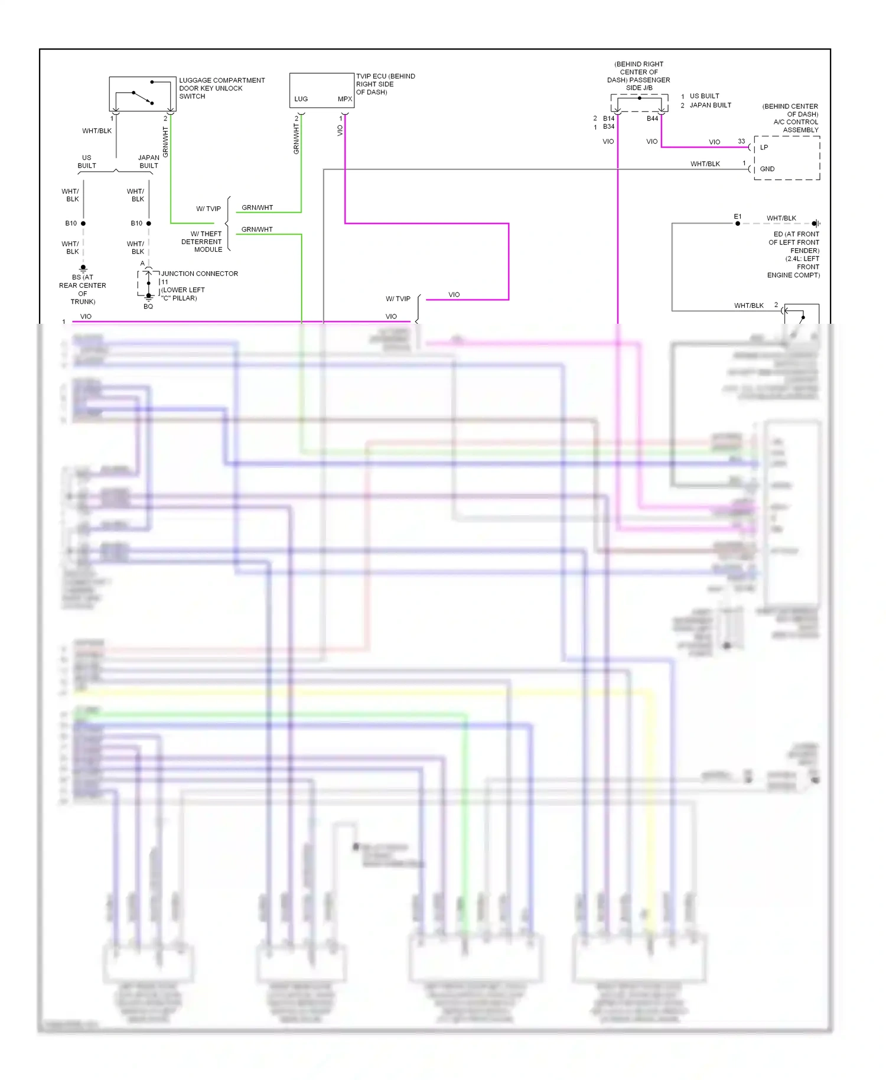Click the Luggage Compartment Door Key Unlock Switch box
point(142,93)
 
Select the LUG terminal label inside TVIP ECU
point(301,99)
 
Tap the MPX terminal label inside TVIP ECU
point(344,99)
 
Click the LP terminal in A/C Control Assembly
point(764,148)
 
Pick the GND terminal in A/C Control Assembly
point(767,169)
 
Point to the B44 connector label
point(652,119)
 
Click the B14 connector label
point(608,119)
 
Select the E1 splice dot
point(737,223)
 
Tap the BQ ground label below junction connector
point(148,307)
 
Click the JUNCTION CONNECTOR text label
point(199,274)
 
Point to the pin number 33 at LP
point(741,141)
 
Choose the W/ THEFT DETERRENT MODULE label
point(202,242)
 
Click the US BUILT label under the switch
point(87,162)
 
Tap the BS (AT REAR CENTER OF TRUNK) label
point(83,289)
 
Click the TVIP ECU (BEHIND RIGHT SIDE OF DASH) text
point(385,84)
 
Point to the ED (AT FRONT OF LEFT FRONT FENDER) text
point(793,255)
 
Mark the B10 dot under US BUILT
point(83,223)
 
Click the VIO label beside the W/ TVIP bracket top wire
point(454,295)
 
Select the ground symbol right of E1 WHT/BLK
point(816,223)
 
